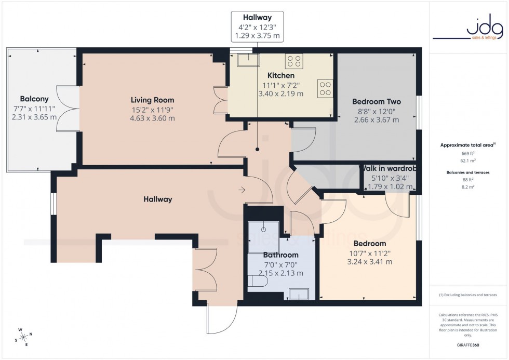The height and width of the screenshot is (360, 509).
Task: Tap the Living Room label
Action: click(152, 100)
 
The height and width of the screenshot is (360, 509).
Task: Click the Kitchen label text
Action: click(281, 76)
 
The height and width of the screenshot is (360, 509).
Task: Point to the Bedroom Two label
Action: click(377, 102)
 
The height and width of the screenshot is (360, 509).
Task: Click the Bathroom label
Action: click(281, 255)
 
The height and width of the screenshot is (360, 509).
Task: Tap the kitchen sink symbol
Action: click(249, 61)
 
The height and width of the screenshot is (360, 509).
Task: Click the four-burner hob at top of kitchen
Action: click(294, 61)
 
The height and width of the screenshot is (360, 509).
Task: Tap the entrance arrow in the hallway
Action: click(242, 190)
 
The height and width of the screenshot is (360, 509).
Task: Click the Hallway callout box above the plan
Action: click(258, 27)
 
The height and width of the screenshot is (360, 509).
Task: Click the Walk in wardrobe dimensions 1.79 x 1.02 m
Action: click(390, 187)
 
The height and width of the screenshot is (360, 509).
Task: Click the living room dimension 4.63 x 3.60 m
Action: click(152, 118)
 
